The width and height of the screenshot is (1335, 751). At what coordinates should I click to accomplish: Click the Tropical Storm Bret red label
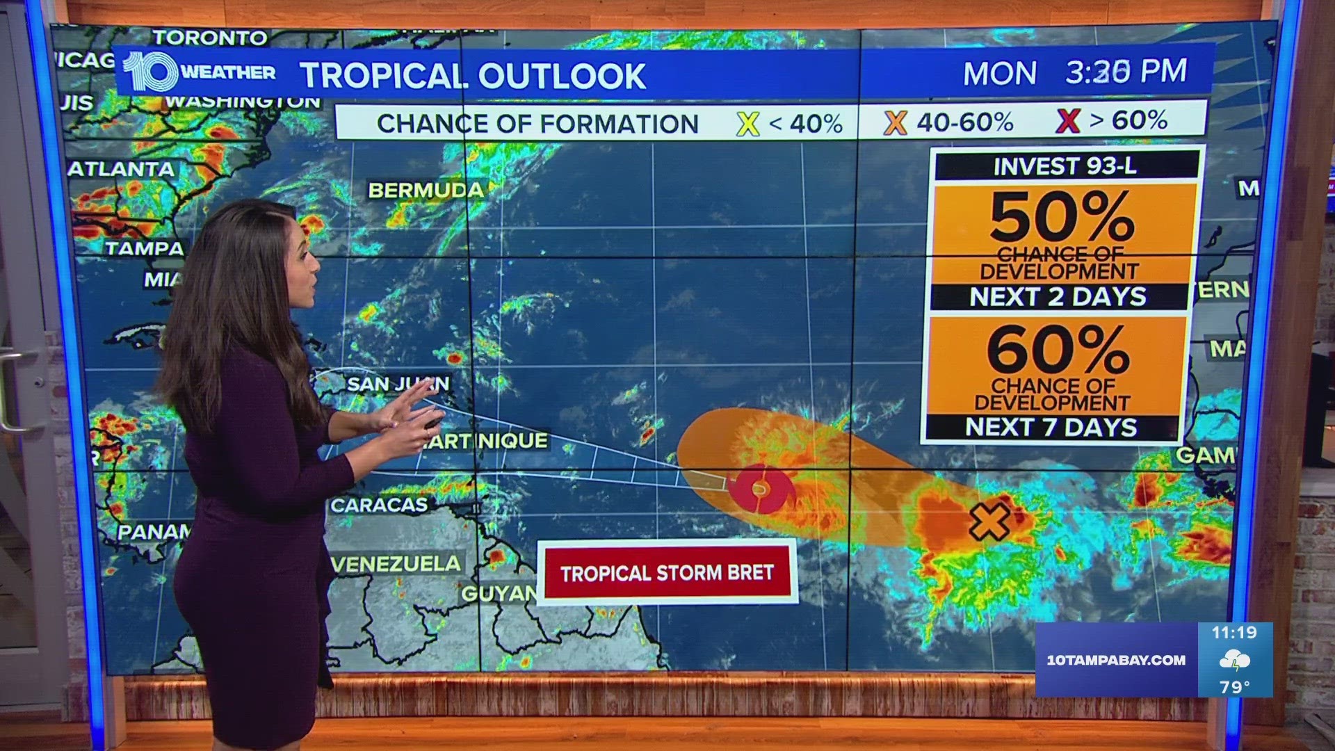[667, 572]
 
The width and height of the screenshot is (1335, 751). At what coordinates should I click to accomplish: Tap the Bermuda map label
[426, 190]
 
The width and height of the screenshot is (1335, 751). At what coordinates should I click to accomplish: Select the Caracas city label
[379, 505]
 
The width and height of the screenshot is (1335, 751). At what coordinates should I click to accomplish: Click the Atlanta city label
[122, 169]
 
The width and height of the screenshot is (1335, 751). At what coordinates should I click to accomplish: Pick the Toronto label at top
[210, 38]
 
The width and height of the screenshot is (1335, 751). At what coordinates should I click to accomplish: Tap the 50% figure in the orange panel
[1062, 217]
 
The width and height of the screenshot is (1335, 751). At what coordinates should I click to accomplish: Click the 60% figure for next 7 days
[1058, 350]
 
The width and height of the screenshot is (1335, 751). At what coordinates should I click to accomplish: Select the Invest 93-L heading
[1065, 167]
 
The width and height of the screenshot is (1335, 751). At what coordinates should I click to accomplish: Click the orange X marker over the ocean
[989, 522]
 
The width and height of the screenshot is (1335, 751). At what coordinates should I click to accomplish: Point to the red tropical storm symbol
[760, 489]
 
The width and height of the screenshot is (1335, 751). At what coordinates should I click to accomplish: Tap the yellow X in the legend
[747, 124]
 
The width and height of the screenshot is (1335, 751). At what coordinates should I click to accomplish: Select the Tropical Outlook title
[473, 76]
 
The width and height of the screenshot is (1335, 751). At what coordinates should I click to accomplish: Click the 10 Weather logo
[199, 72]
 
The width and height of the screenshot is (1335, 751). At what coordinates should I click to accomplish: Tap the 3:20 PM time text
[1126, 72]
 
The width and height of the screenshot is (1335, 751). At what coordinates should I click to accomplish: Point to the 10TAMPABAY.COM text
[1116, 660]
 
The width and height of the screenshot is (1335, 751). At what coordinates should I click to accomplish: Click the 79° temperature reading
[1234, 687]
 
